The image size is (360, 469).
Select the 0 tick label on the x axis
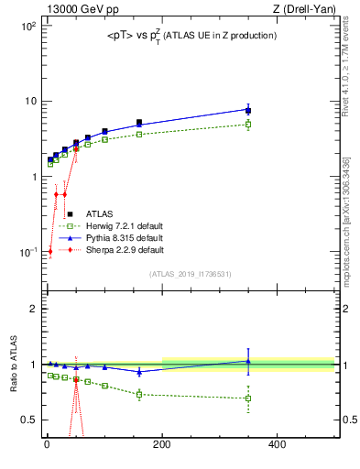[x=47, y=444]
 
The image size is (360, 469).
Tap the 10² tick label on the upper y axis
[x=27, y=26]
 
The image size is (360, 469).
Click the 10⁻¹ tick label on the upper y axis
[x=27, y=252]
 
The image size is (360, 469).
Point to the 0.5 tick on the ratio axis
[x=28, y=420]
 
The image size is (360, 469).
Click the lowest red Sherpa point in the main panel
[x=49, y=251]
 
